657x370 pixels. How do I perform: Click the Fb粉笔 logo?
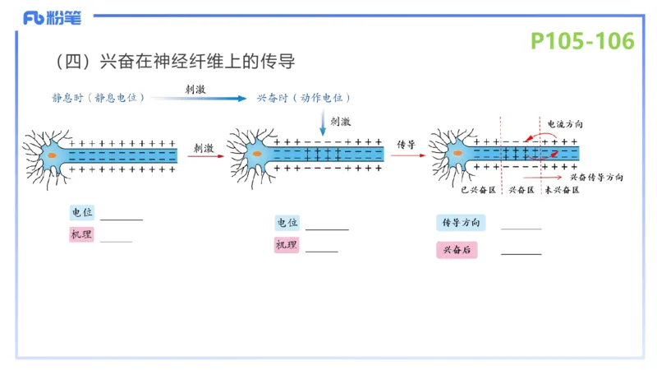pyautogui.click(x=57, y=16)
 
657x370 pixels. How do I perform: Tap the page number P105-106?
pyautogui.click(x=581, y=41)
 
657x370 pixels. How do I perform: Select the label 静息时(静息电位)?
pyautogui.click(x=99, y=97)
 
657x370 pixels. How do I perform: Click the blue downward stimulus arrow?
pyautogui.click(x=322, y=122)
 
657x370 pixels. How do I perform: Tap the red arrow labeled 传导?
pyautogui.click(x=407, y=154)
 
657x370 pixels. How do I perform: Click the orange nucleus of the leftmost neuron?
pyautogui.click(x=52, y=154)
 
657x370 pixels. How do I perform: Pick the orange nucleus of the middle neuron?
pyautogui.click(x=256, y=154)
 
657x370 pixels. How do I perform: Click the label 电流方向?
pyautogui.click(x=566, y=123)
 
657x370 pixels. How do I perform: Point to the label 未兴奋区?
pyautogui.click(x=562, y=190)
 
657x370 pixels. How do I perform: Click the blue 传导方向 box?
pyautogui.click(x=461, y=223)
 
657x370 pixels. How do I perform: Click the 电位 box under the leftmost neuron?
pyautogui.click(x=83, y=212)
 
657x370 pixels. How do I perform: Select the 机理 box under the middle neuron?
pyautogui.click(x=287, y=245)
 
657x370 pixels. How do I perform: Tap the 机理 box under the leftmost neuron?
pyautogui.click(x=82, y=235)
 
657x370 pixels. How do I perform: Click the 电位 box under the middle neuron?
pyautogui.click(x=287, y=223)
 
